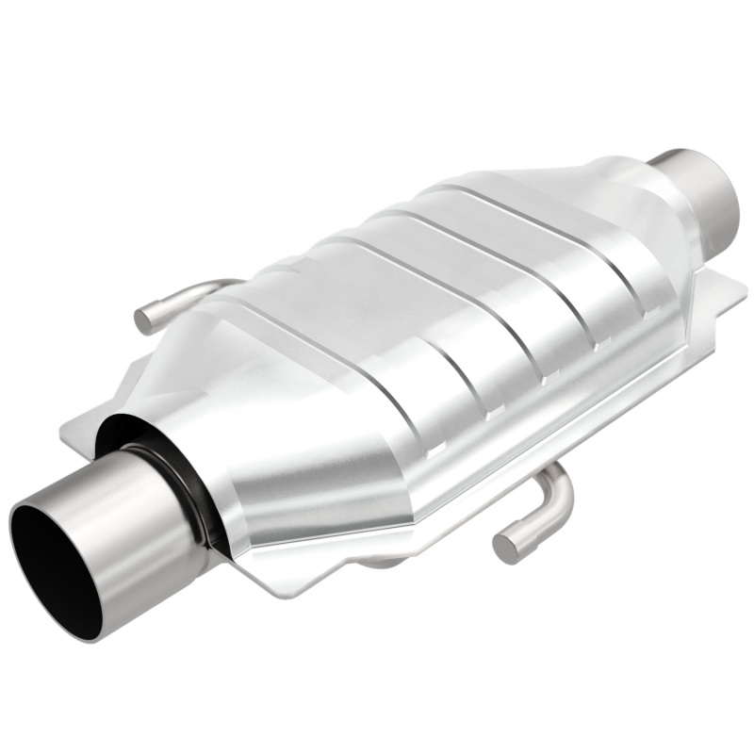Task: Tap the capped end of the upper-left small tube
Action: coord(143,319)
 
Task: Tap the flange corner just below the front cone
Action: coord(283,589)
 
